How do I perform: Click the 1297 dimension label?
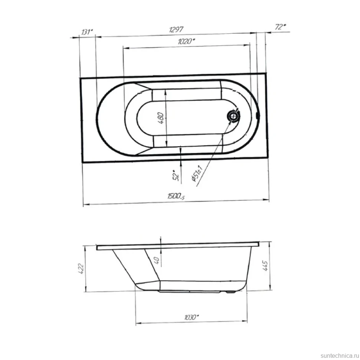coord(176,29)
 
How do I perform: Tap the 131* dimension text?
coord(87,32)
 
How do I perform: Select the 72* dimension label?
coord(280,27)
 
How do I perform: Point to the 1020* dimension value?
coord(186,41)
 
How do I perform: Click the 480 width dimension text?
coord(161,118)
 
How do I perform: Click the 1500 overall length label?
coord(176,196)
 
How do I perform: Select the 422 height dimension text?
coord(81,269)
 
